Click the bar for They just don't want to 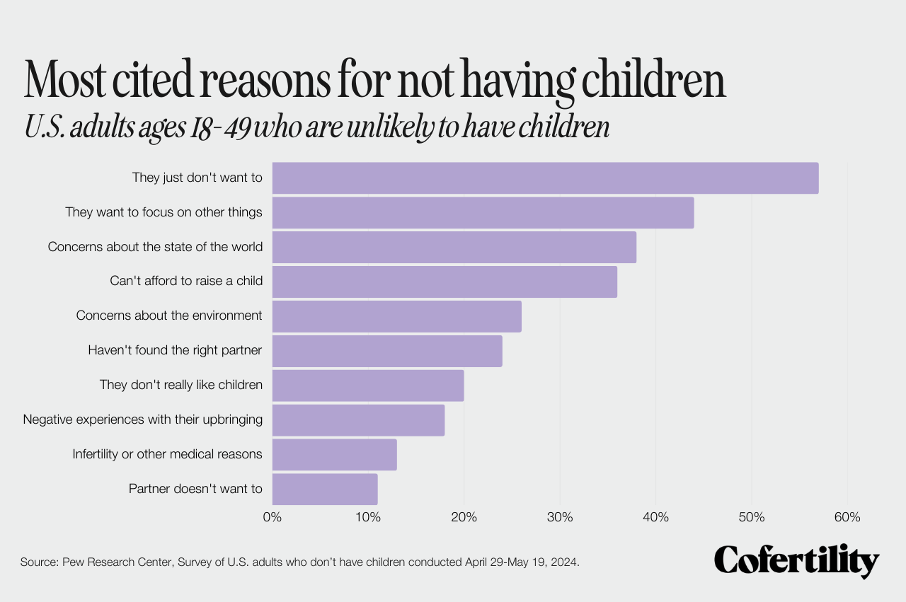[545, 178]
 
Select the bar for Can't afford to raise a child [445, 282]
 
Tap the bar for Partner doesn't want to [325, 489]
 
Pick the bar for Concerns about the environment [396, 316]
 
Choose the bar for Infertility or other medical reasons [334, 454]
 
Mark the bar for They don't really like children [368, 386]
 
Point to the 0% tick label [273, 517]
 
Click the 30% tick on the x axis [560, 517]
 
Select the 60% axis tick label [847, 517]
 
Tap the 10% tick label [368, 517]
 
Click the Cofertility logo [796, 562]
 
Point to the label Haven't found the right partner [175, 350]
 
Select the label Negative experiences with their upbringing [143, 419]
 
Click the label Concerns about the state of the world [155, 247]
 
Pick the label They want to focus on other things [164, 212]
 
